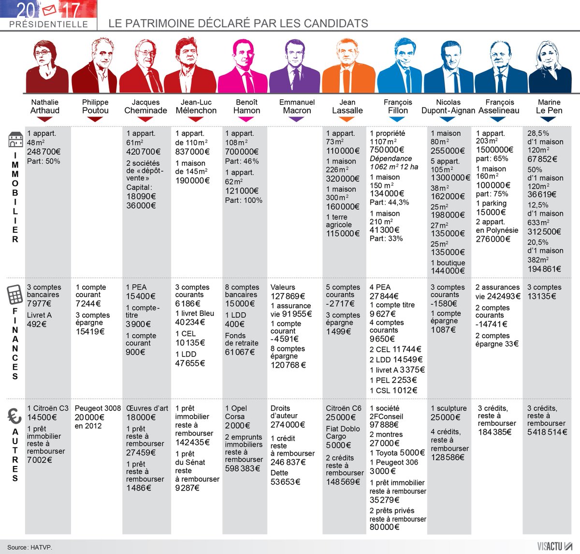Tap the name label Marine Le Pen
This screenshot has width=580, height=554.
coord(549,106)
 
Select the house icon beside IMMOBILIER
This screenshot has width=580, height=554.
coord(15,139)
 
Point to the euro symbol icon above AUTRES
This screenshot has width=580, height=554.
coord(14,416)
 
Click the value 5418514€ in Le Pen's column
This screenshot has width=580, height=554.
coord(547,432)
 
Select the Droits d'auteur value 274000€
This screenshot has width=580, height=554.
coord(288,425)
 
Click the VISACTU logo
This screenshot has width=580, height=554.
coord(554,546)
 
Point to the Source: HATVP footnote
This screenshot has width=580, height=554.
coord(29,547)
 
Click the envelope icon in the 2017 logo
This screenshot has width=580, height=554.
coord(49,9)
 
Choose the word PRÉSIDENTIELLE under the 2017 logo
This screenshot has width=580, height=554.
coord(48,24)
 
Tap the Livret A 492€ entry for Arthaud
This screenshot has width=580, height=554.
coord(39,319)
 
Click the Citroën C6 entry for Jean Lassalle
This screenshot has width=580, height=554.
coord(344,413)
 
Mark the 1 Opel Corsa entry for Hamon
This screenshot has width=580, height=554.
coord(237,417)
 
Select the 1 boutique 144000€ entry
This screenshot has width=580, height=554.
coord(448,267)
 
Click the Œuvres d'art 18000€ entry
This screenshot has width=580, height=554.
coord(147,413)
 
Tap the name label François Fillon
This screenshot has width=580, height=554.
coord(398,106)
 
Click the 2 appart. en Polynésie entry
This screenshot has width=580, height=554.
coord(497,230)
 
